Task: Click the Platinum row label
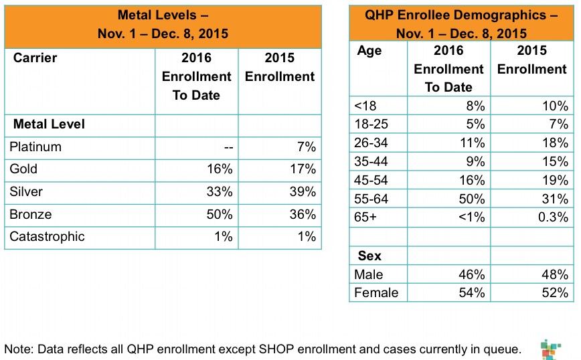35,147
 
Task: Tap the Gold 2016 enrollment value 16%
219,169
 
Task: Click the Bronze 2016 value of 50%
219,215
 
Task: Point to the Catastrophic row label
47,237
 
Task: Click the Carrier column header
35,58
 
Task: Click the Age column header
369,51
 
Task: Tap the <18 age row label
367,106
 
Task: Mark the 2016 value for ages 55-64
471,199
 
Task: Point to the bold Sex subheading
369,256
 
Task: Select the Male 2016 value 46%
471,274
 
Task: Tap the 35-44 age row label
372,161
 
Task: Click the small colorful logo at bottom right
550,349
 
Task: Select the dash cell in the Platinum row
228,147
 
